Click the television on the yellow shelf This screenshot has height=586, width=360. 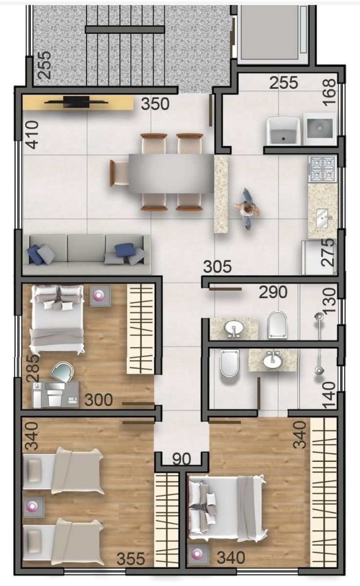[x=76, y=102]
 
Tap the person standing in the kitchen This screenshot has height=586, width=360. [x=248, y=209]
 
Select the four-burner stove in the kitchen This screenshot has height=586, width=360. [x=322, y=169]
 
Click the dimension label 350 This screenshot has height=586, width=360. [x=155, y=104]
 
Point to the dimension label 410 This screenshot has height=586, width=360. [x=32, y=135]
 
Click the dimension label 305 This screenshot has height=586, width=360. [x=217, y=267]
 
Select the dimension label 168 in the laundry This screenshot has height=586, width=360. [x=329, y=93]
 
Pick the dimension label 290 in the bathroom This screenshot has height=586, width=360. [x=273, y=292]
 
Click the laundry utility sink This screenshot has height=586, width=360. [x=283, y=130]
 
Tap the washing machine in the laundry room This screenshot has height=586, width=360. [x=320, y=129]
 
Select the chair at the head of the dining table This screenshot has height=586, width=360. [x=119, y=173]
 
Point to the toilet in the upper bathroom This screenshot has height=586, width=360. [x=277, y=325]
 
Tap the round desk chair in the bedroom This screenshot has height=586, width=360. [x=62, y=372]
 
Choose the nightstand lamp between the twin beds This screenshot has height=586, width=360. [x=33, y=506]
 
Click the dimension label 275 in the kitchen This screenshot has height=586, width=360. [x=328, y=253]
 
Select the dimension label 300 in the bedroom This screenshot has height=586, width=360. [x=99, y=400]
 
